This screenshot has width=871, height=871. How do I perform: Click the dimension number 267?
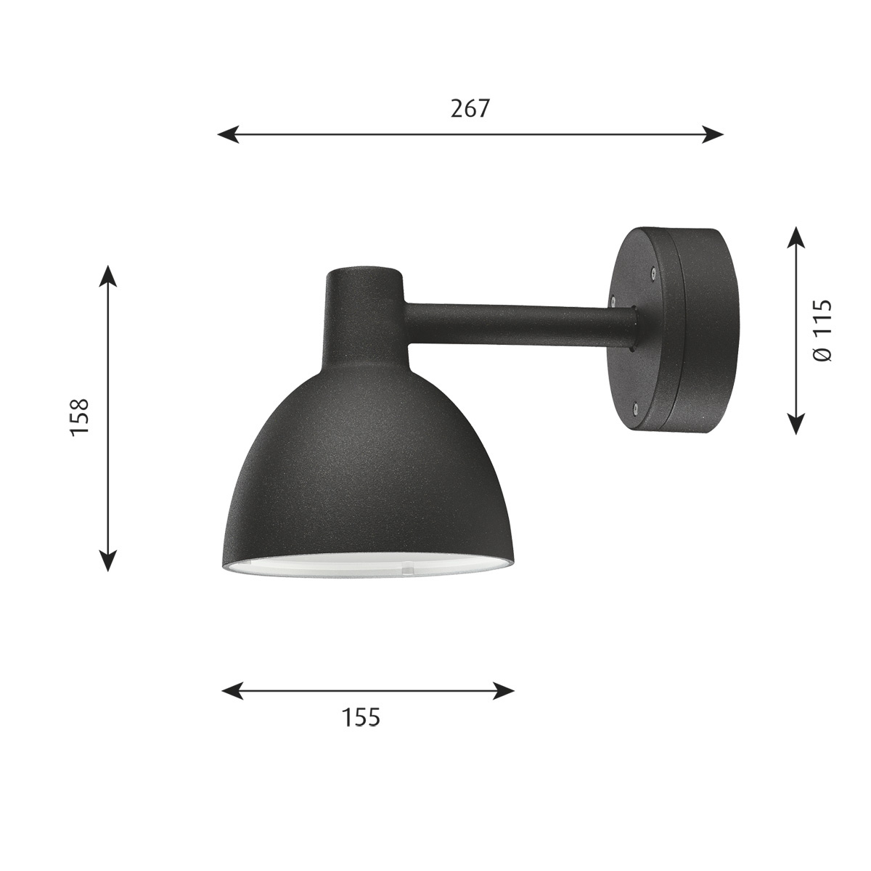pyautogui.click(x=470, y=109)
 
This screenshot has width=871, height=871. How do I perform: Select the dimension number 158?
pyautogui.click(x=79, y=416)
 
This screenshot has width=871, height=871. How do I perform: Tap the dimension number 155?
pyautogui.click(x=361, y=717)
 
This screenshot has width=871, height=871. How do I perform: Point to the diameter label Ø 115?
pyautogui.click(x=822, y=330)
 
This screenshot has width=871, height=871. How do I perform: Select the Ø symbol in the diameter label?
pyautogui.click(x=822, y=353)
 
